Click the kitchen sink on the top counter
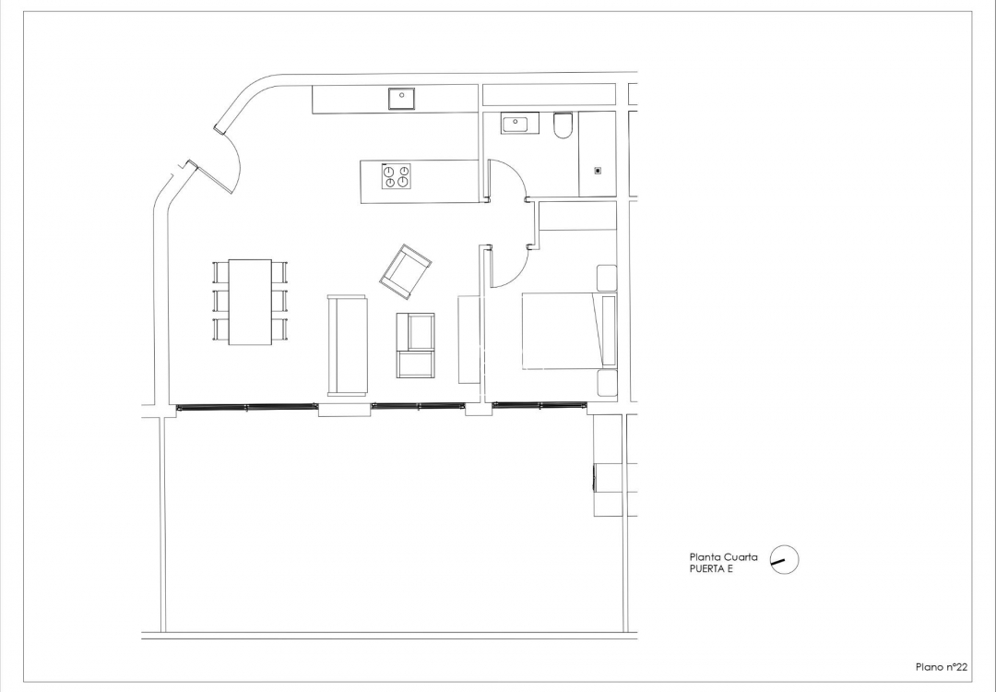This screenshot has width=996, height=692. point(402,97)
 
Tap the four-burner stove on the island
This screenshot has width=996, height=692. point(397,176)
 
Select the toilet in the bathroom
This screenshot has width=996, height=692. point(563,125)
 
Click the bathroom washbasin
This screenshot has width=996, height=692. point(519,123)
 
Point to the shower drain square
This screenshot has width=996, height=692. point(598,170)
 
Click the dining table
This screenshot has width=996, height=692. point(250,302)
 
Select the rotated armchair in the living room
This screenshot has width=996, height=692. point(406,271)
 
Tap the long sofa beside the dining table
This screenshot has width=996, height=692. point(348,344)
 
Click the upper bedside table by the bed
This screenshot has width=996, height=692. point(607,278)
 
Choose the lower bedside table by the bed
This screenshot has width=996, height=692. point(607,383)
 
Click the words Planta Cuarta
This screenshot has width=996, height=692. point(724,556)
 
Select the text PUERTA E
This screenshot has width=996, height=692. point(711,569)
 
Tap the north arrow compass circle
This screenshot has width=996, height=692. point(784,559)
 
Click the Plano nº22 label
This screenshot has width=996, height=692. point(941,666)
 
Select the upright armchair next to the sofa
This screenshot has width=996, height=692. point(415,345)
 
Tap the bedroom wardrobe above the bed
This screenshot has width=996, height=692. point(577,216)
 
